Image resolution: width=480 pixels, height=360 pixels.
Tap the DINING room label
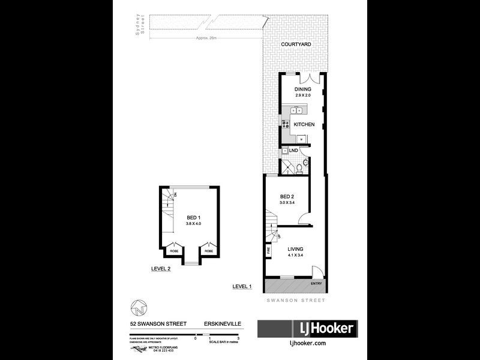[x=302, y=89]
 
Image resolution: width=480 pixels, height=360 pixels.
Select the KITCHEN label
[x=304, y=124]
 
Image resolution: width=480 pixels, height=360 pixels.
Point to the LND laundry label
[x=294, y=149]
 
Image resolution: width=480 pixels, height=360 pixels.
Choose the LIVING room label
[x=295, y=249]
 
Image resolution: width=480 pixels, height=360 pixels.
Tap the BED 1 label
[x=193, y=217]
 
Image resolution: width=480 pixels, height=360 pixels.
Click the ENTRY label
[x=316, y=283]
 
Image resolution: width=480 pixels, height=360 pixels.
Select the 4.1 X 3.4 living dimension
[x=295, y=256]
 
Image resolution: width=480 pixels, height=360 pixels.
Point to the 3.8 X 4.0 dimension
[x=193, y=224]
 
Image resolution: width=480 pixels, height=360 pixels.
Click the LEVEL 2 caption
[x=161, y=269]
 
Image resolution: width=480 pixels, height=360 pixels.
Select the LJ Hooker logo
[x=307, y=328]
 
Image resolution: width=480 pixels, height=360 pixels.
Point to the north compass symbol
[x=137, y=308]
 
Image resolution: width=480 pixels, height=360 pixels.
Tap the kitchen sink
[x=296, y=110]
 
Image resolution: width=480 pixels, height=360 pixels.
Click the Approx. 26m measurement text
[x=206, y=38]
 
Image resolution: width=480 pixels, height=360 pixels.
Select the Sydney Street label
[x=140, y=27]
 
